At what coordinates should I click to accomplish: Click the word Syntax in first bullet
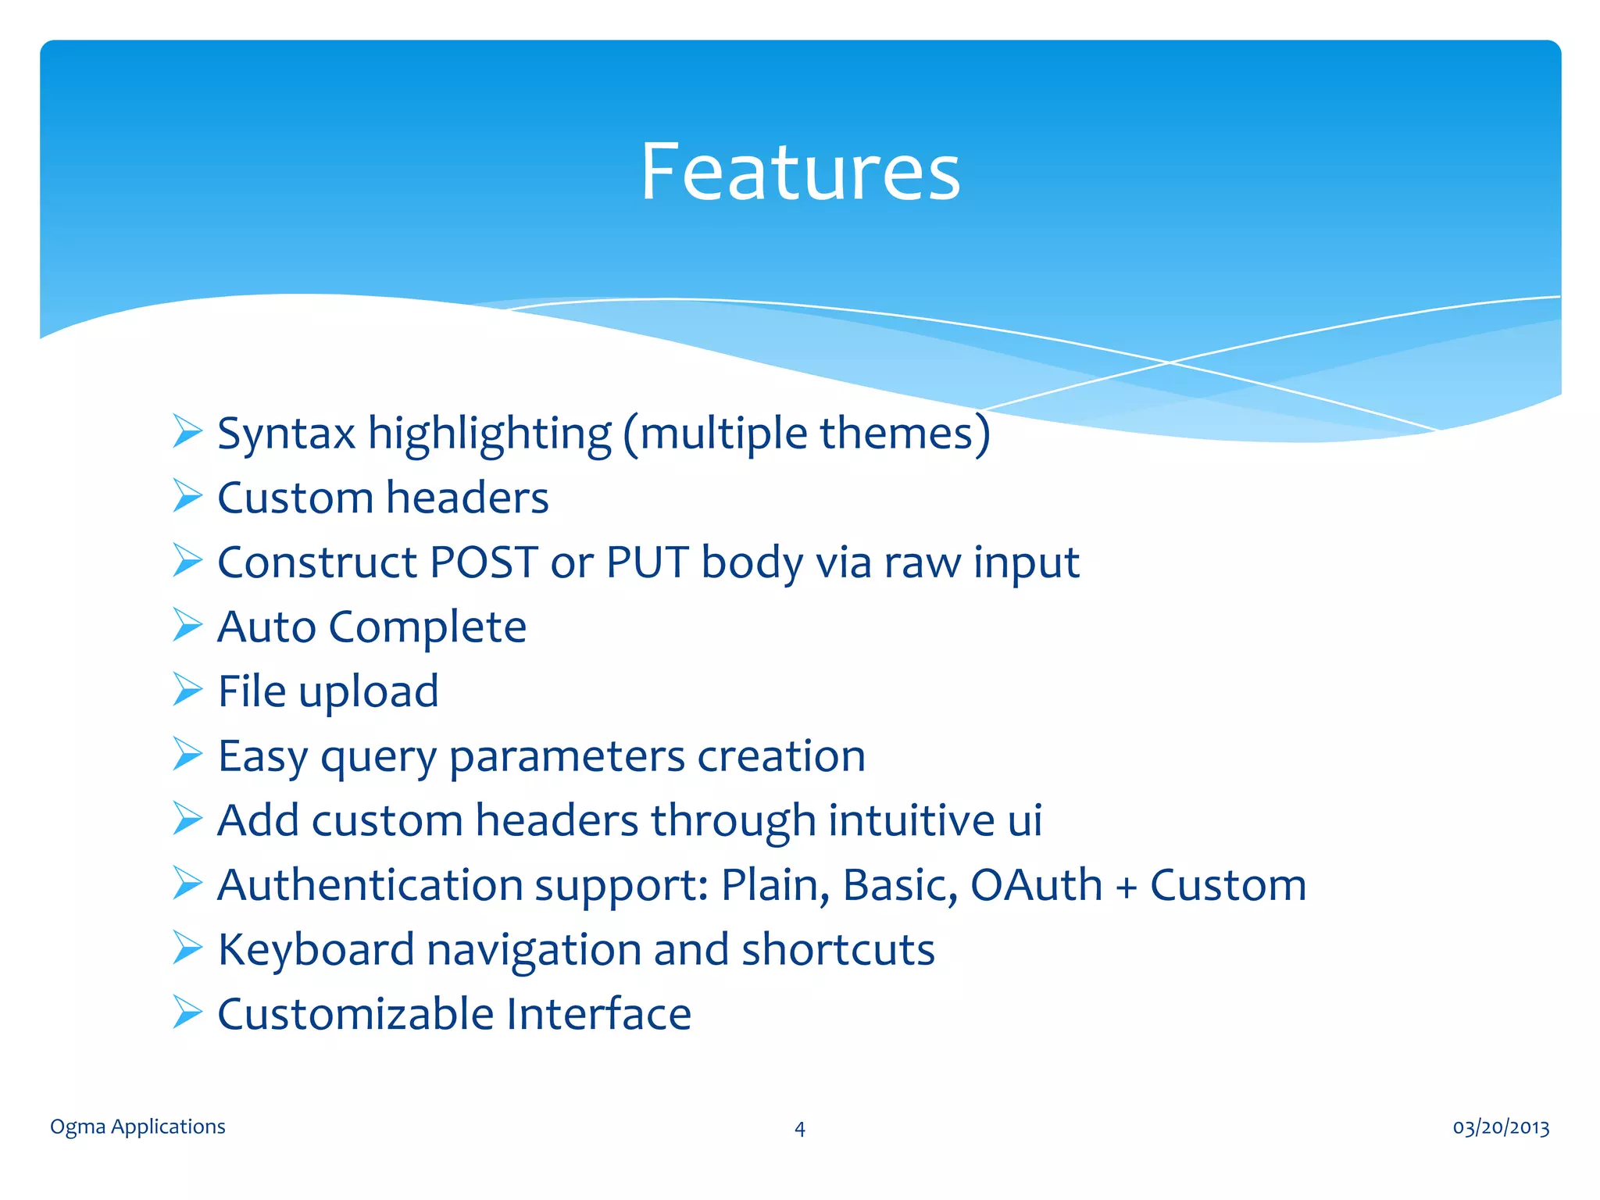click(286, 434)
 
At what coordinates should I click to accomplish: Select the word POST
click(484, 562)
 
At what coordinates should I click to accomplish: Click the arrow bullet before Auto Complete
click(187, 626)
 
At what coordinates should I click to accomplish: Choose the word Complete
click(427, 627)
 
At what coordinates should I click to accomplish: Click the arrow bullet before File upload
click(187, 690)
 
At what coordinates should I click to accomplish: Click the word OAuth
click(1036, 885)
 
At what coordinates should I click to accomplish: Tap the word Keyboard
click(316, 950)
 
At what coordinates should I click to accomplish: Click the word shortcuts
click(837, 950)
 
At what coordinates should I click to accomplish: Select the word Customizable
click(355, 1014)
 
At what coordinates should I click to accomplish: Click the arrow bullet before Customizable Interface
click(187, 1012)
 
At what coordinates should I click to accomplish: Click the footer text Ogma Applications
click(137, 1127)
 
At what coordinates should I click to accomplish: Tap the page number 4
click(799, 1129)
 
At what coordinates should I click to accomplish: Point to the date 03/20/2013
click(1501, 1127)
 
